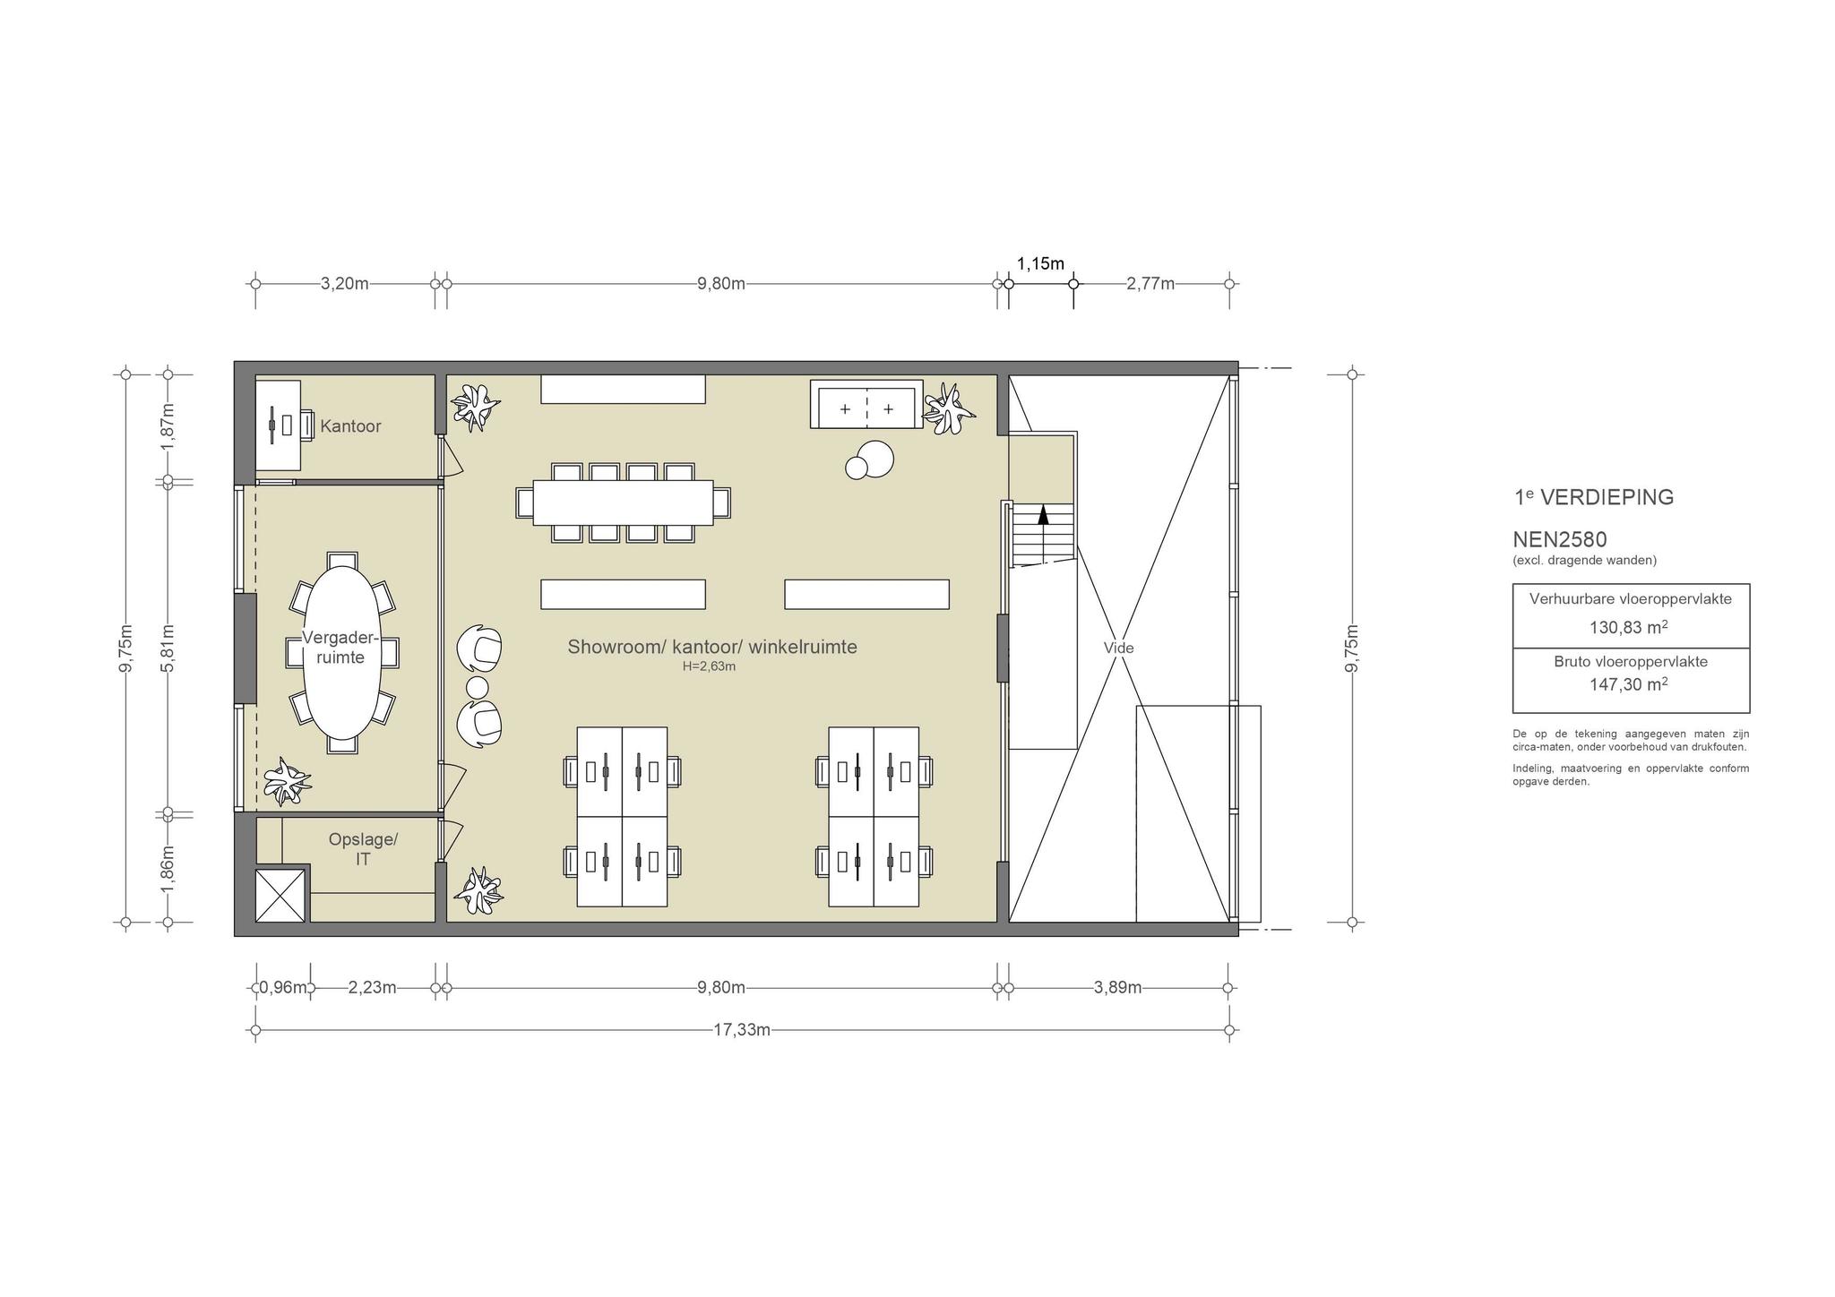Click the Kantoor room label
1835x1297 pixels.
click(x=350, y=426)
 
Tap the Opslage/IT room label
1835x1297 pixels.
click(x=363, y=849)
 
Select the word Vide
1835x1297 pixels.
click(x=1118, y=648)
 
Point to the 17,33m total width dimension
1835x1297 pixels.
click(x=742, y=1030)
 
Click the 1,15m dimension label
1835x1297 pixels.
click(x=1040, y=263)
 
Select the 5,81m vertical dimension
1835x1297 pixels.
click(x=168, y=648)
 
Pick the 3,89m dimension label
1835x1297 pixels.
click(x=1117, y=988)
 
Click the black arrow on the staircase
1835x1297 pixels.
click(x=1043, y=514)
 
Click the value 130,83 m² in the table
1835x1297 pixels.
click(x=1629, y=627)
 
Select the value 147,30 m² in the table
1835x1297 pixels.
click(x=1629, y=684)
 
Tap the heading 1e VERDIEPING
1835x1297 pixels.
click(x=1593, y=497)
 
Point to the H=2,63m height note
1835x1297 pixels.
click(x=709, y=666)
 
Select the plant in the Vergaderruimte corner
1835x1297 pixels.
click(x=288, y=781)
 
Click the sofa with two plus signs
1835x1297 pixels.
click(x=866, y=405)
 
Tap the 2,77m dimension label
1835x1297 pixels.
click(x=1150, y=284)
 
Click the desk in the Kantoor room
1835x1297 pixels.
click(x=279, y=425)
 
